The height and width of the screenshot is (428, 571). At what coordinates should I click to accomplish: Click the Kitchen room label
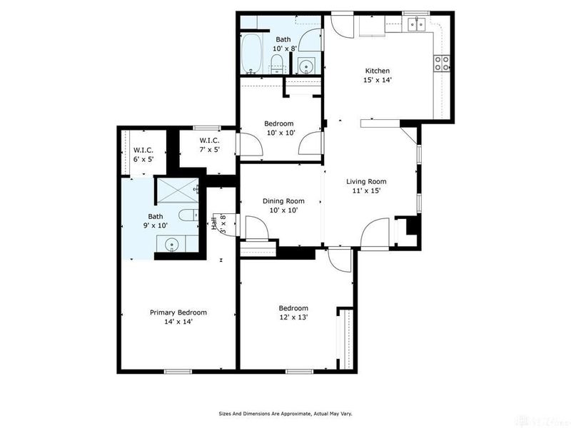(x=378, y=71)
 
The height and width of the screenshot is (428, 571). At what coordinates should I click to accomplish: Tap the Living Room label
(x=366, y=181)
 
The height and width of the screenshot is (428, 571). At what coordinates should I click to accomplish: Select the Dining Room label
(x=283, y=201)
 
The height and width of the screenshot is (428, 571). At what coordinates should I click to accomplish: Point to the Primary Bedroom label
(x=178, y=312)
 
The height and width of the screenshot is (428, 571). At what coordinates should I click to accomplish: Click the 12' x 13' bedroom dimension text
(x=293, y=317)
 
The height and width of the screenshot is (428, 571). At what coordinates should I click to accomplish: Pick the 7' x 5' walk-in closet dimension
(x=209, y=149)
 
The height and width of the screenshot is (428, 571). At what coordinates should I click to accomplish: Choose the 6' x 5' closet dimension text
(x=143, y=159)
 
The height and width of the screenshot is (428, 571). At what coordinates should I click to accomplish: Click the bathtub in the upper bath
(x=252, y=53)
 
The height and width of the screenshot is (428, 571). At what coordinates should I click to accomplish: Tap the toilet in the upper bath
(x=278, y=64)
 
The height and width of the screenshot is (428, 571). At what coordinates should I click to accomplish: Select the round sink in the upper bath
(x=306, y=66)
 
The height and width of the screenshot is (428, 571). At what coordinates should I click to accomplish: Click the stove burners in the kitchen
(x=442, y=63)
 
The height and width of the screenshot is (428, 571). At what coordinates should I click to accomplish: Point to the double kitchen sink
(x=417, y=25)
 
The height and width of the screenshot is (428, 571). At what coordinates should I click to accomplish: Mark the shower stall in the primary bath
(x=178, y=190)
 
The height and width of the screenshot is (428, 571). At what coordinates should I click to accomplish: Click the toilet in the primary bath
(x=188, y=215)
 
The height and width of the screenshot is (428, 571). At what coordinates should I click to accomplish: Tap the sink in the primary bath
(x=171, y=245)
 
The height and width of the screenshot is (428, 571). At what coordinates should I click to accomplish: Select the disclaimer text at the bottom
(x=285, y=414)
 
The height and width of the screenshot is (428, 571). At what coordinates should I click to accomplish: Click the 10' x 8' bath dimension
(x=285, y=48)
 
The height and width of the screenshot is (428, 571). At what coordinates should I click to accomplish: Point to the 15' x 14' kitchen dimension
(x=378, y=80)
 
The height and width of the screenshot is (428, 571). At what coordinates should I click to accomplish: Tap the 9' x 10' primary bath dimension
(x=155, y=225)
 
